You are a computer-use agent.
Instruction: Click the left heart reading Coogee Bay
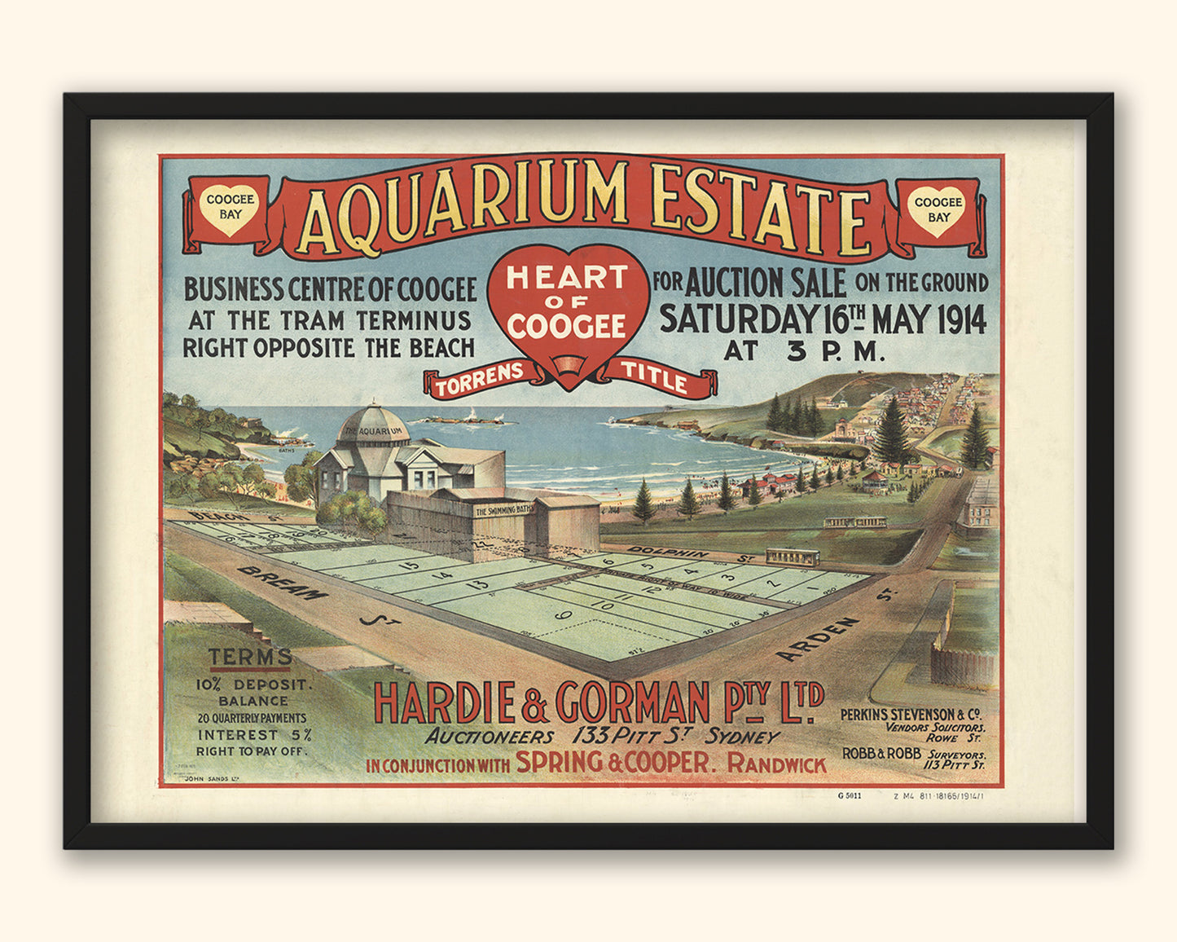(x=231, y=207)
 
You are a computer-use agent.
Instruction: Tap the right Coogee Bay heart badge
(x=938, y=209)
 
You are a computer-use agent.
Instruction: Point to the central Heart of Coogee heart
(x=568, y=306)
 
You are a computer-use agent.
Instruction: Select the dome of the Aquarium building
(x=373, y=425)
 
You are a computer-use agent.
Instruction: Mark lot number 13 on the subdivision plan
(x=481, y=583)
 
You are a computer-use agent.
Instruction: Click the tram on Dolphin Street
(x=793, y=557)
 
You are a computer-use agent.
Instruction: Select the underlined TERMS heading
(x=250, y=657)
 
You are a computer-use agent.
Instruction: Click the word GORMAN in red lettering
(x=633, y=702)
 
